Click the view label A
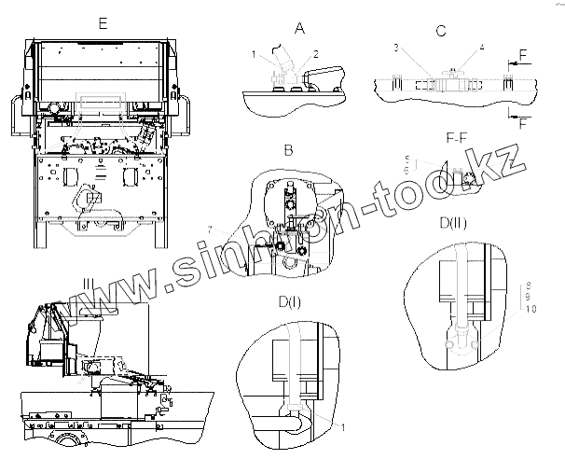[x=299, y=29]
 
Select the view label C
[x=440, y=31]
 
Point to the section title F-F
[x=457, y=139]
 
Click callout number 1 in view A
[x=254, y=56]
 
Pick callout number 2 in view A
[x=316, y=54]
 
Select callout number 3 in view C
[x=395, y=47]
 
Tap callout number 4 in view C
[x=482, y=47]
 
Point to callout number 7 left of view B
[x=211, y=230]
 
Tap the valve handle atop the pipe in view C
[x=455, y=69]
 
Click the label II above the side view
[x=87, y=283]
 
